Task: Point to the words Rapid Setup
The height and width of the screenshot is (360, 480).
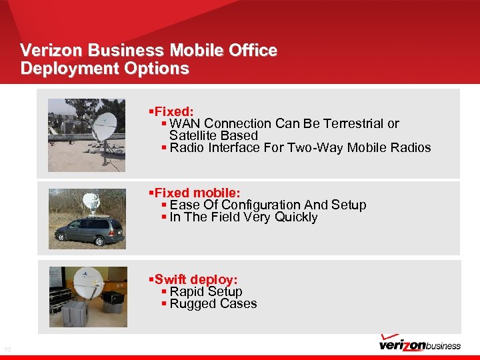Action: (x=205, y=292)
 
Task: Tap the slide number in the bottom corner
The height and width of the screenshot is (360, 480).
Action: (x=7, y=349)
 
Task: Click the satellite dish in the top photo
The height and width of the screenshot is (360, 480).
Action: (x=104, y=127)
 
